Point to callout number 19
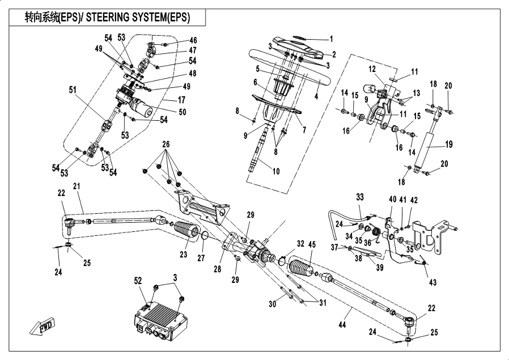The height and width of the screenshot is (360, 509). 449,145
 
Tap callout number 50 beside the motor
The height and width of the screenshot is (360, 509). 182,112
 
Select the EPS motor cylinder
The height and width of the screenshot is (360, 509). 141,106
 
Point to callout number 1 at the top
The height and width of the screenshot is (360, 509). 332,40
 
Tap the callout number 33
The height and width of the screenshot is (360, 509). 360,196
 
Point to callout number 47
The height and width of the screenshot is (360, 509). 193,50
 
